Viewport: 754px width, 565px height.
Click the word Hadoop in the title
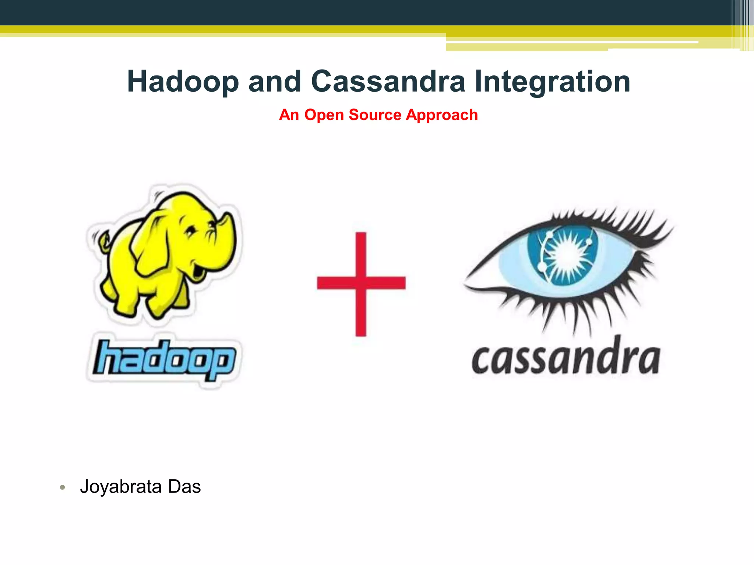(183, 82)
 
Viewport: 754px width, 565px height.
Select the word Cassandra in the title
(388, 82)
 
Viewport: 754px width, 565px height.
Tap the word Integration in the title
(552, 82)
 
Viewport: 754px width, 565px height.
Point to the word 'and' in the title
(275, 82)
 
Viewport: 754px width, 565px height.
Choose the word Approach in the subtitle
(442, 115)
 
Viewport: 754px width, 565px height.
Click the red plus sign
(361, 283)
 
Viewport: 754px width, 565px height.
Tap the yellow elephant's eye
(190, 232)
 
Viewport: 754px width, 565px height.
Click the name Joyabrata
(121, 487)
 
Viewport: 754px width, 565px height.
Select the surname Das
(184, 487)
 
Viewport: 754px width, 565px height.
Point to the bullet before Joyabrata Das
(63, 488)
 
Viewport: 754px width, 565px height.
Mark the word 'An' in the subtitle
(289, 115)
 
